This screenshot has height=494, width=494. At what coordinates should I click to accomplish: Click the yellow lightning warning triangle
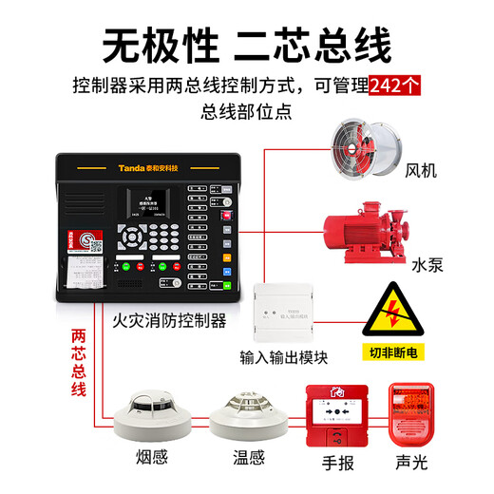[x=389, y=308]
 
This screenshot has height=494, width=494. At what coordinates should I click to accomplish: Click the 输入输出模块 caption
[x=283, y=357]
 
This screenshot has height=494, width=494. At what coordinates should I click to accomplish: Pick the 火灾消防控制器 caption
[x=169, y=321]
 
